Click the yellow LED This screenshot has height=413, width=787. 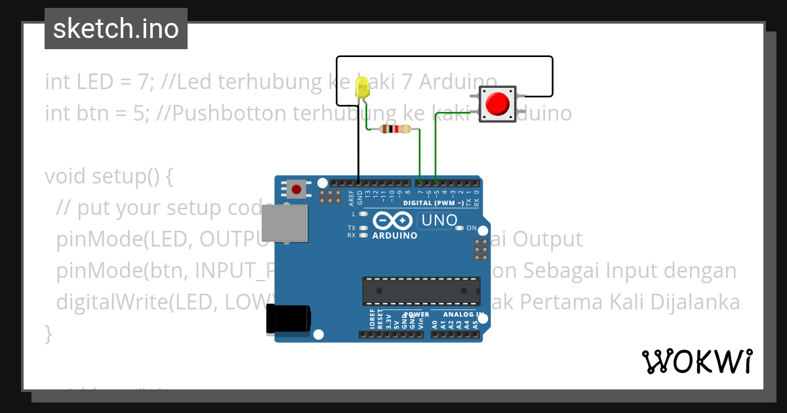coord(361,88)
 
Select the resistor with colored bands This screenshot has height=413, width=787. coord(395,129)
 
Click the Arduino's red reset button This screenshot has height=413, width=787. coord(296,190)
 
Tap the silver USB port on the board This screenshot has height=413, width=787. coord(284,223)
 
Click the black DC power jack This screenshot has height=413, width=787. coord(288,320)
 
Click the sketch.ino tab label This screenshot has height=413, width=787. coord(116,29)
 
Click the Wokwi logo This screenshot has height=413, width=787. coord(696,361)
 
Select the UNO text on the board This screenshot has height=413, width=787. coord(439,220)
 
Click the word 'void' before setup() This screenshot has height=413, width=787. coord(66,176)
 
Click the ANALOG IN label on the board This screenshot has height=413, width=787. coord(462,315)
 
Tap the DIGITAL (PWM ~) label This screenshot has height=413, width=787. coord(434,203)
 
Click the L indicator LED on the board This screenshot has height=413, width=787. coord(363,214)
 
